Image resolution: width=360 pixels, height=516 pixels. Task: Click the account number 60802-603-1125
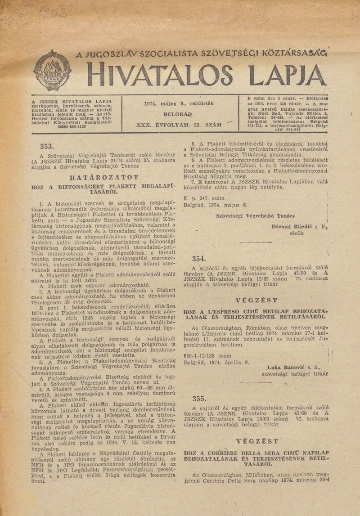(72, 127)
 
